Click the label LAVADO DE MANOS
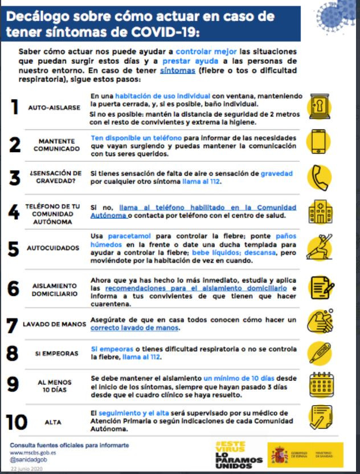(55, 324)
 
